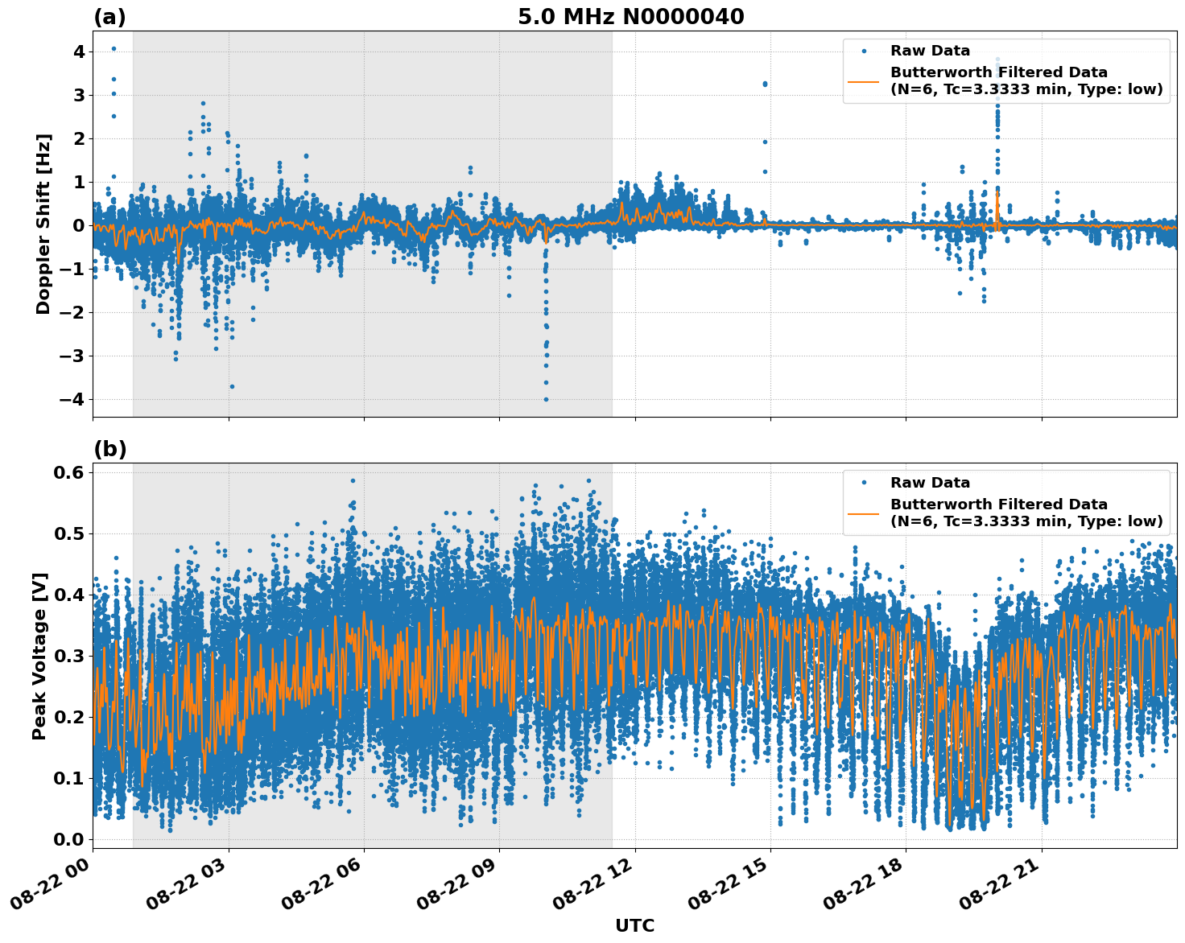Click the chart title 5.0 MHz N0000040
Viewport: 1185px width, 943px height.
point(630,17)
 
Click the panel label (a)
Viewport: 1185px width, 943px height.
point(109,17)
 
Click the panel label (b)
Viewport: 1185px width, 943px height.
point(110,449)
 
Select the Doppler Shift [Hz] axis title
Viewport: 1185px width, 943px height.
point(43,224)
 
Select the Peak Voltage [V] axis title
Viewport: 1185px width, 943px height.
point(39,656)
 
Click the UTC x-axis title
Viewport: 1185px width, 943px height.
point(634,925)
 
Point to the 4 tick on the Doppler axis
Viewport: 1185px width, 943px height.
point(79,51)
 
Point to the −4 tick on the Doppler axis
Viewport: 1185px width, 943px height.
point(73,399)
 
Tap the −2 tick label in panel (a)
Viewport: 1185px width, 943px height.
point(73,312)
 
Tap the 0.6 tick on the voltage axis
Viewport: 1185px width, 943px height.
point(69,472)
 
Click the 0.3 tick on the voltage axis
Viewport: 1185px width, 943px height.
point(69,656)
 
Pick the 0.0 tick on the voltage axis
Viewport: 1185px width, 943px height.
point(69,839)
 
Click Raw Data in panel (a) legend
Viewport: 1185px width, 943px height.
point(930,51)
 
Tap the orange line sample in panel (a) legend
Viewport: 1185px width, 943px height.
point(864,81)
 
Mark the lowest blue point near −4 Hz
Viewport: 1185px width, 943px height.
point(546,399)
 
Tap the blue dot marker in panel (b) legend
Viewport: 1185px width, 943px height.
point(864,483)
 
